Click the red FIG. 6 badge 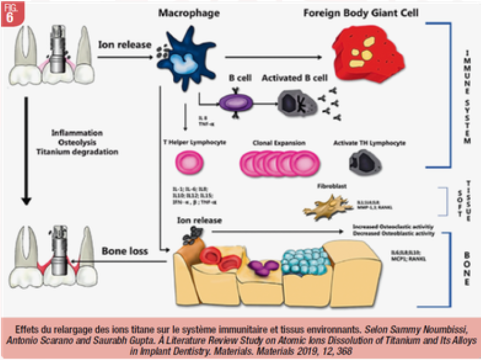[11, 13]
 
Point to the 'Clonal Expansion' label [275, 142]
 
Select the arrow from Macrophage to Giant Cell [272, 57]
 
